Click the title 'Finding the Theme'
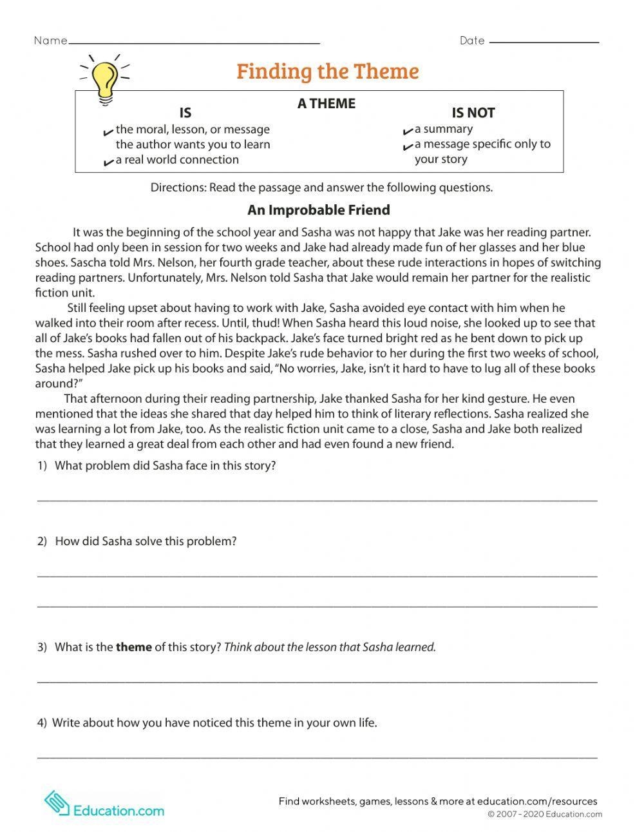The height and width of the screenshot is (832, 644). (327, 71)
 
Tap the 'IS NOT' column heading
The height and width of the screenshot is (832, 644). (473, 113)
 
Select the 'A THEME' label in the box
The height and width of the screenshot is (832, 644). (326, 104)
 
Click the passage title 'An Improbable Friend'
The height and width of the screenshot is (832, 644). (319, 210)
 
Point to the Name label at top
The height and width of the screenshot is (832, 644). (50, 41)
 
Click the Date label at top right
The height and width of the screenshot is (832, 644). (472, 41)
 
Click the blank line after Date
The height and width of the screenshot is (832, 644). (544, 43)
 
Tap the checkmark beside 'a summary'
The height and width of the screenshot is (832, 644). (408, 131)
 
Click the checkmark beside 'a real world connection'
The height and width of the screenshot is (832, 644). (108, 162)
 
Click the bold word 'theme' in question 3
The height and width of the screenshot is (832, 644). (134, 647)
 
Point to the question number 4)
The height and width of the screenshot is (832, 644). (42, 722)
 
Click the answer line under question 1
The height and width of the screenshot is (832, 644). (317, 499)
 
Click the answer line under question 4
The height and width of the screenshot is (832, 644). (317, 757)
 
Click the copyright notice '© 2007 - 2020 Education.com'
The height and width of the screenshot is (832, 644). (544, 815)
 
